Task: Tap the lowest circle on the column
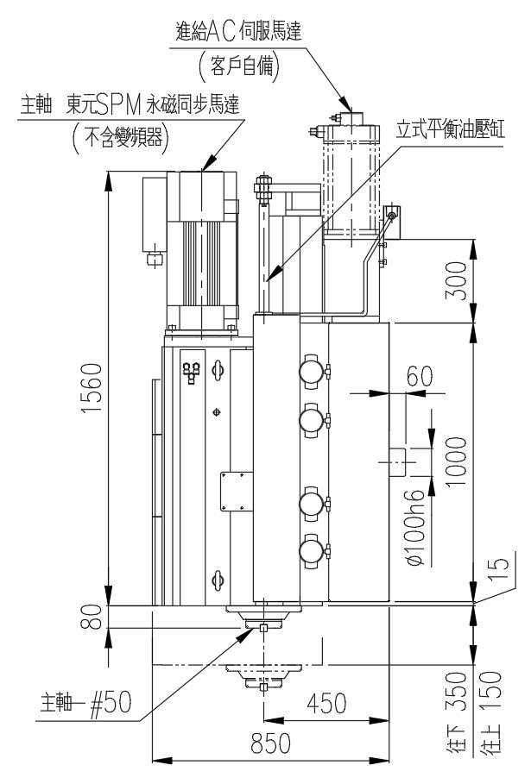click(x=311, y=549)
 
